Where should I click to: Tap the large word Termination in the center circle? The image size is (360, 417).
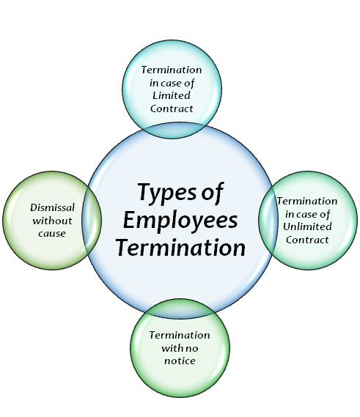(180, 248)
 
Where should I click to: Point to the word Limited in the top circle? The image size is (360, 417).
(172, 95)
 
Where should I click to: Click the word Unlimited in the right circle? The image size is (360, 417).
(307, 226)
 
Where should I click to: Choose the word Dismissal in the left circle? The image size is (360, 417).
(52, 207)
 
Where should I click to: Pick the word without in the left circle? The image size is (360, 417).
(52, 221)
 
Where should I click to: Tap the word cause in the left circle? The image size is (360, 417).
(52, 234)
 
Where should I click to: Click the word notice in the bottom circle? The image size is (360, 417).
(180, 361)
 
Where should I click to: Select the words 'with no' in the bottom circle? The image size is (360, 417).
(180, 348)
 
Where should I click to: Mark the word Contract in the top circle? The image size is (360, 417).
(172, 108)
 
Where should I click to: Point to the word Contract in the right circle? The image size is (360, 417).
(307, 240)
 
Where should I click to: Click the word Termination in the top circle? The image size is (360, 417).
(172, 70)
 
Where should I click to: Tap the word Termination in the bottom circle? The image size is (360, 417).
(180, 335)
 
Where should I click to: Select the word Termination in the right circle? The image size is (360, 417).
(307, 201)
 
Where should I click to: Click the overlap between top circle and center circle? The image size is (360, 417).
(172, 130)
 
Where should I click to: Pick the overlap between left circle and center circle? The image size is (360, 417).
(92, 221)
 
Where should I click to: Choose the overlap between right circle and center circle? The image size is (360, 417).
(268, 221)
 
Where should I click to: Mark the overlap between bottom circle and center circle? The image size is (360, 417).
(180, 309)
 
